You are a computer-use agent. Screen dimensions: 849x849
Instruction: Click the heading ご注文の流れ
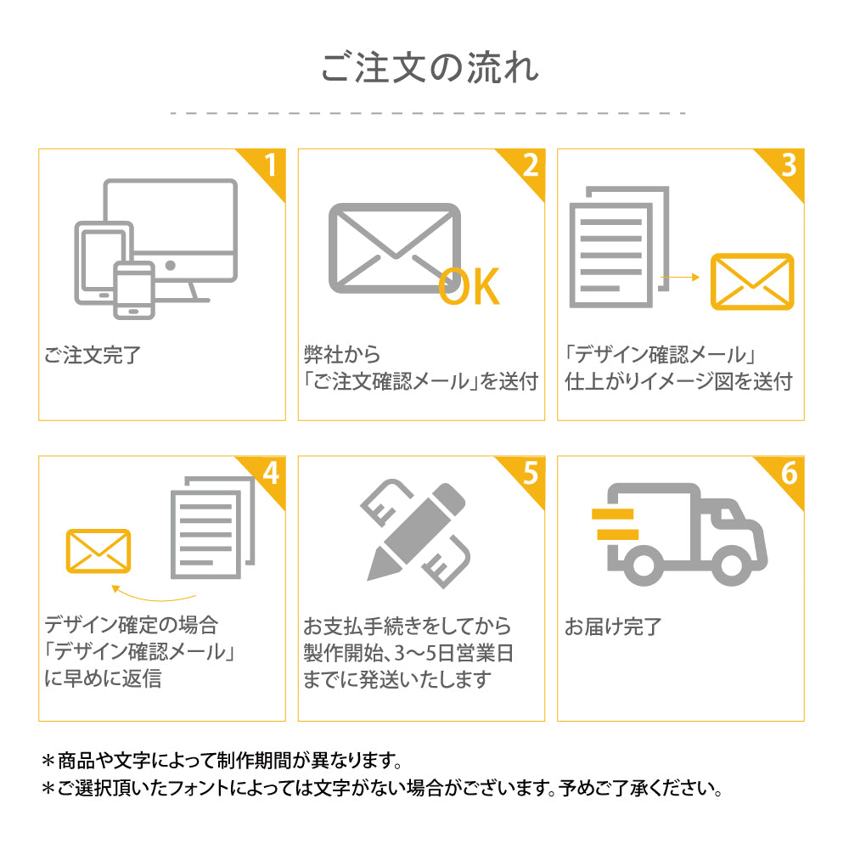coord(429,69)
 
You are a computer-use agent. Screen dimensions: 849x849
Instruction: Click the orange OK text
coord(469,287)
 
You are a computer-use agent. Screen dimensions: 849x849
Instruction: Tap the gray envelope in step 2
coord(392,247)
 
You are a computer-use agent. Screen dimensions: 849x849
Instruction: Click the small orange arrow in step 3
coord(678,277)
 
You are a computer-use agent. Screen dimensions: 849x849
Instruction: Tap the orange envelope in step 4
coord(98,552)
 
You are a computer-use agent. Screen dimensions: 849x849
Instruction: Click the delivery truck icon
coord(679,531)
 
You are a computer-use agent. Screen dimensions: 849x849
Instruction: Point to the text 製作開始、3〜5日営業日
coord(408,653)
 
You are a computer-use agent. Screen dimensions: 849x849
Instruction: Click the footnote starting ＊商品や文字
coord(221,759)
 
